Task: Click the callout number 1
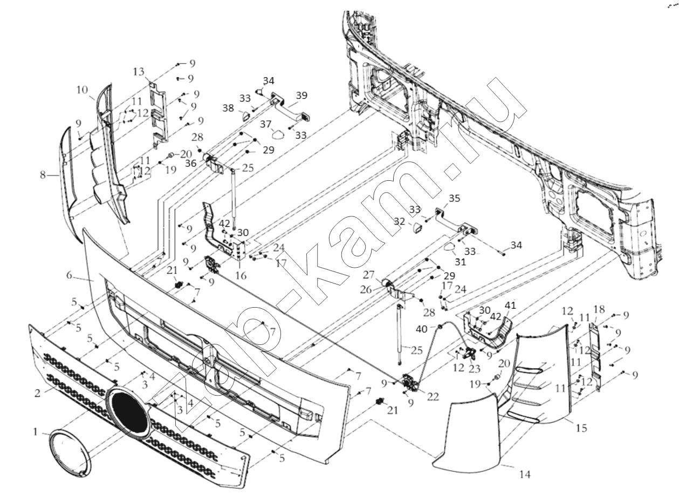(x=36, y=432)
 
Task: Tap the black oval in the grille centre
(x=128, y=412)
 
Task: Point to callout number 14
(x=525, y=474)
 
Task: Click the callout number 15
(x=581, y=429)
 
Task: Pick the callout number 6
(x=69, y=275)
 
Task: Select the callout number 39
(x=301, y=95)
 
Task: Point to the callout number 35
(x=454, y=198)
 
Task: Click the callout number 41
(x=510, y=306)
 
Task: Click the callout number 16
(x=241, y=275)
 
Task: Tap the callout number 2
(x=37, y=393)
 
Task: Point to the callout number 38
(x=228, y=108)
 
